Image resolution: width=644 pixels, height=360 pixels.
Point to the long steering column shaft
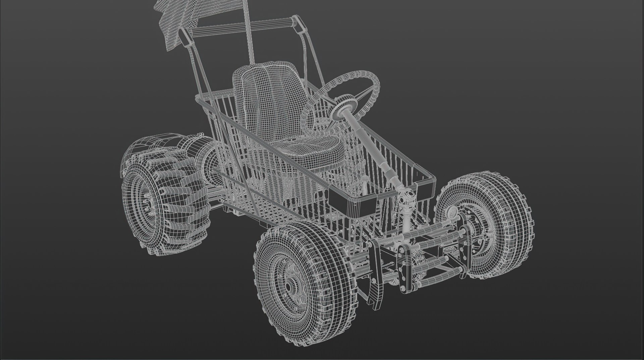coord(372,147)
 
